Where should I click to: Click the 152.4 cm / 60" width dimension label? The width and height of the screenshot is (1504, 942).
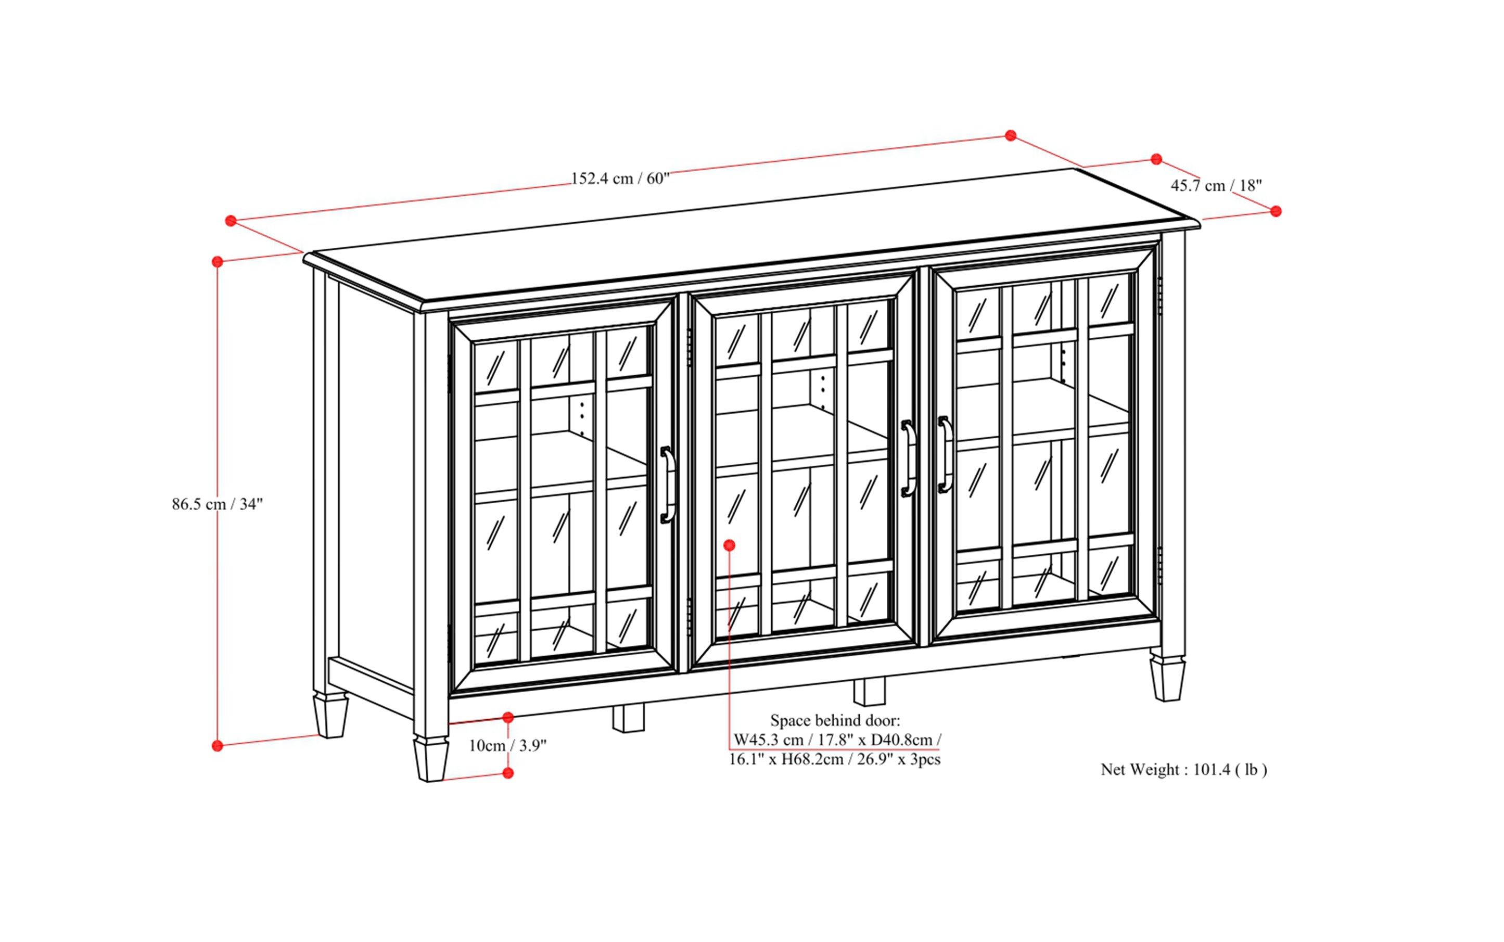(620, 179)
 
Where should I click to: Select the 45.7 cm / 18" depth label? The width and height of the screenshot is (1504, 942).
(1216, 186)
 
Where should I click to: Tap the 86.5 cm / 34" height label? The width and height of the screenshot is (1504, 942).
(218, 504)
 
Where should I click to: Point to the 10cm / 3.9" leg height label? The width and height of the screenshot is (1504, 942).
(507, 746)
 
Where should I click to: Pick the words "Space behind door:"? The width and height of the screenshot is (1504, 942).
(835, 721)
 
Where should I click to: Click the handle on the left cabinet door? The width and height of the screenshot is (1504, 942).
(667, 484)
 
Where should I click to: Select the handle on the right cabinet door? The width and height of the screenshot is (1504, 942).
(945, 454)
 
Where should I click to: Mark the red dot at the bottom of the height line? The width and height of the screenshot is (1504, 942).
(218, 746)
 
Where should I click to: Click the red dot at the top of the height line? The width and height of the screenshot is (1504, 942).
(218, 262)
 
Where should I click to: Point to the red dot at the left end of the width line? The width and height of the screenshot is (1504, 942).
(231, 221)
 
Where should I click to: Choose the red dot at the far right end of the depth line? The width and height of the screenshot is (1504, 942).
(1276, 211)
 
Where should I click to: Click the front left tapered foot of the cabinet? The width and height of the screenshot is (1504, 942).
(430, 759)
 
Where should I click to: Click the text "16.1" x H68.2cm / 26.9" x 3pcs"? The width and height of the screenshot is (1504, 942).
(835, 760)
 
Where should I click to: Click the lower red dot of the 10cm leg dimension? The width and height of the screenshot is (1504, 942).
(508, 773)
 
